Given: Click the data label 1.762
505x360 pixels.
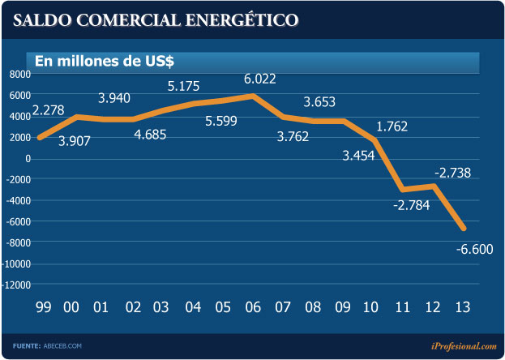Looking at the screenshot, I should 391,126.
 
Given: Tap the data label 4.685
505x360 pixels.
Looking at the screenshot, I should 150,135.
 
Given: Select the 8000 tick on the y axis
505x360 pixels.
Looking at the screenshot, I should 19,75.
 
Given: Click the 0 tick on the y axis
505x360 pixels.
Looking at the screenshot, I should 28,159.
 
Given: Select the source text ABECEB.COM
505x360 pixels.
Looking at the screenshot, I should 62,346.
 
